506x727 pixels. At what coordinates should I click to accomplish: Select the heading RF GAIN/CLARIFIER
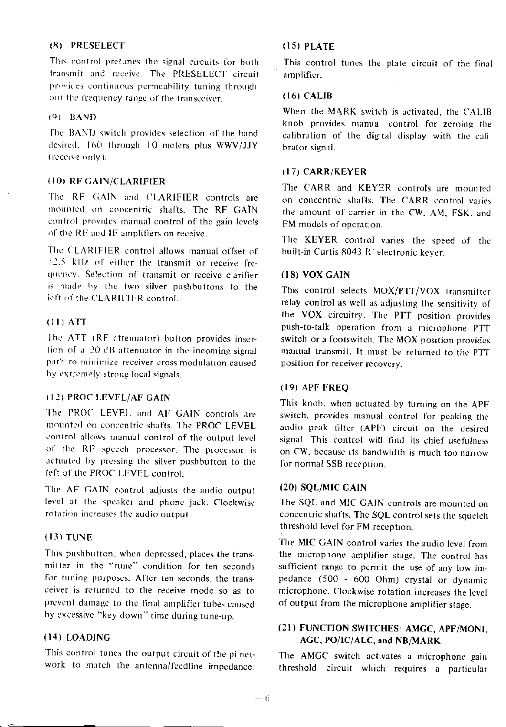point(117,181)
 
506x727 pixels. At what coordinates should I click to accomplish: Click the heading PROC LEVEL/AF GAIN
point(119,398)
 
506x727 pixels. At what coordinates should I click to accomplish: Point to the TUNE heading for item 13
point(79,538)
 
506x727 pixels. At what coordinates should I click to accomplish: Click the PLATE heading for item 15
point(319,46)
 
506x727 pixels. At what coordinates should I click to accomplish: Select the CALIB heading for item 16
point(318,95)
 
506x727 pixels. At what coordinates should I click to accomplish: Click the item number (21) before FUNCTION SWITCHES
point(287,628)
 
